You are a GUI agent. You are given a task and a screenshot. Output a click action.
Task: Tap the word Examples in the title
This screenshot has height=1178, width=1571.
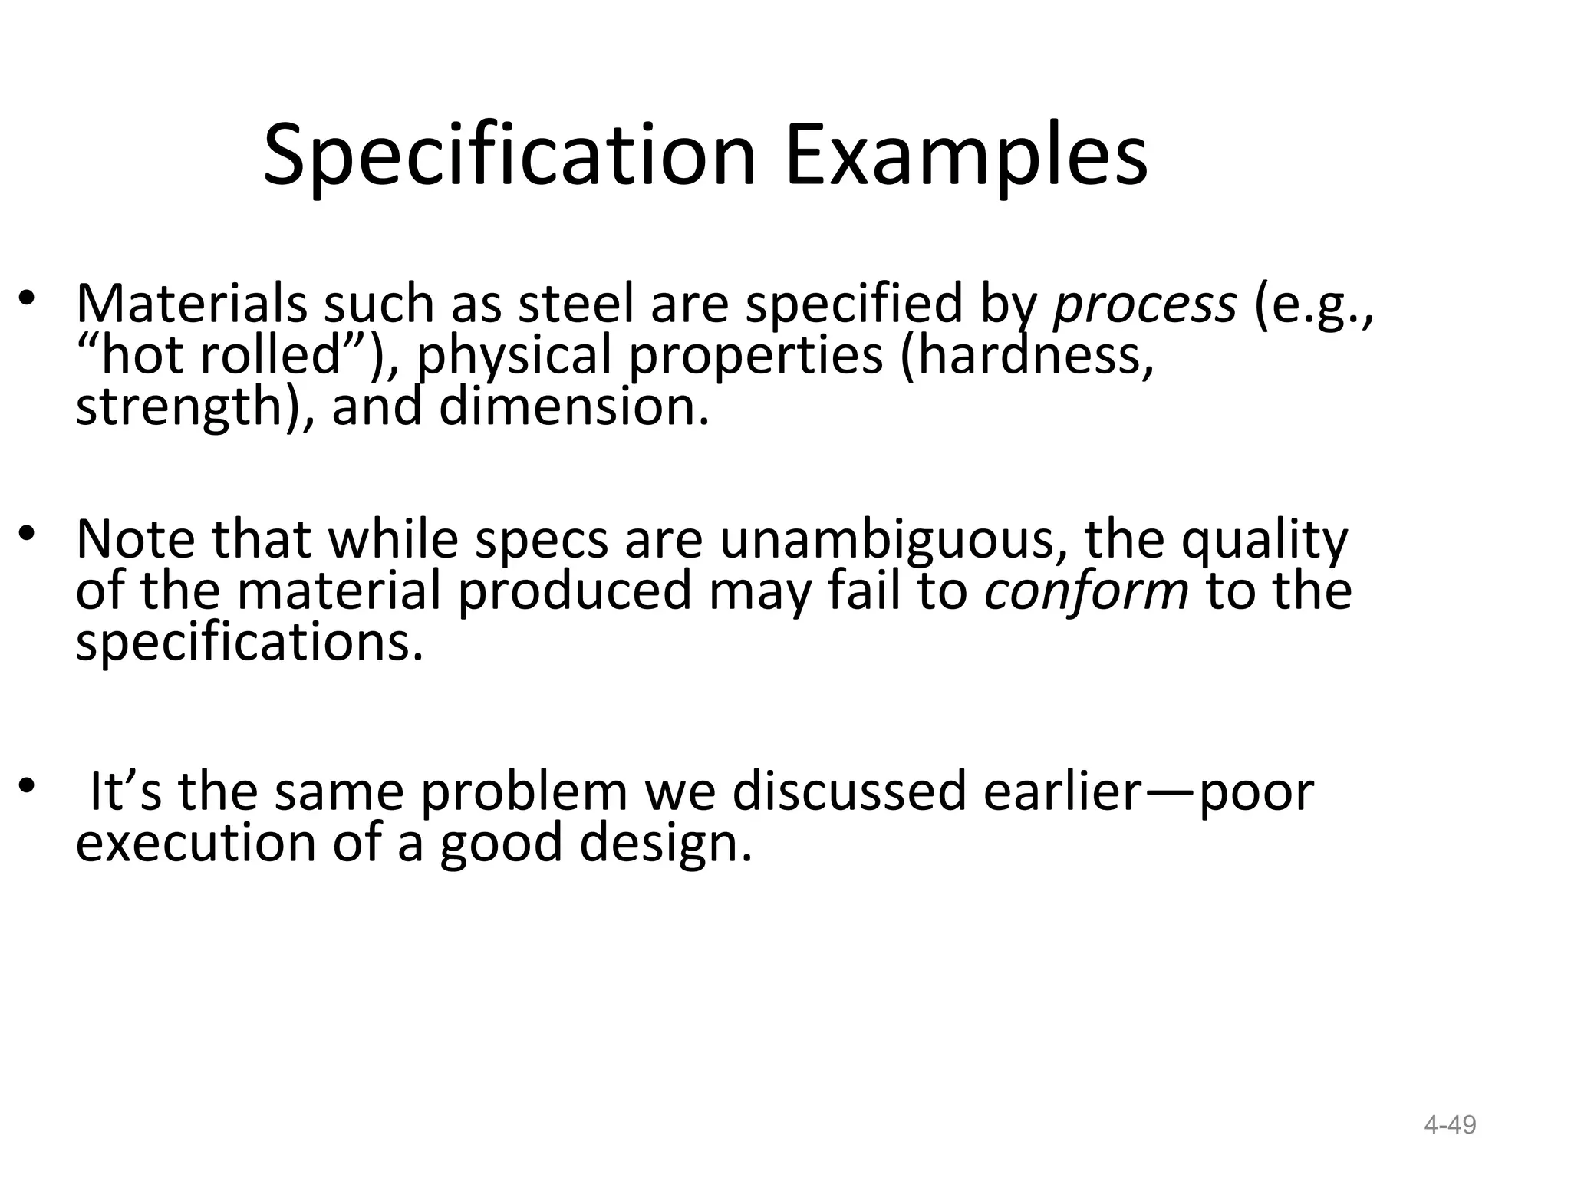click(966, 156)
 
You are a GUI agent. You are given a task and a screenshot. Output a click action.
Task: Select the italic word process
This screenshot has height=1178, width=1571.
click(1145, 304)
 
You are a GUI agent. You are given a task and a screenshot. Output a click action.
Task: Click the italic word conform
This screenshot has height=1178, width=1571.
click(1086, 591)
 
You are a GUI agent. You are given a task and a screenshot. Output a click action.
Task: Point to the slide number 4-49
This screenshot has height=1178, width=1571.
click(1450, 1125)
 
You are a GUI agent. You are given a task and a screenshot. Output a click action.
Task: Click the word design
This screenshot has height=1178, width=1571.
click(664, 844)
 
